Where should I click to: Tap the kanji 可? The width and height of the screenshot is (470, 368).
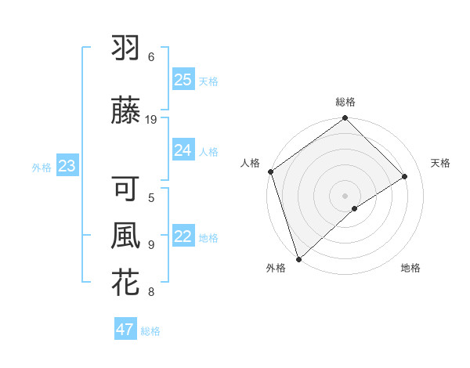125,189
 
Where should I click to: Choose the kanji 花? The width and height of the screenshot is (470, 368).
125,282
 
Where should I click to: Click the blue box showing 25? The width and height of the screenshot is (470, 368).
183,80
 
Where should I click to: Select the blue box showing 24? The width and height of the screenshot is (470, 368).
183,150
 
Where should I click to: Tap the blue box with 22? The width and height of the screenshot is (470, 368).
183,236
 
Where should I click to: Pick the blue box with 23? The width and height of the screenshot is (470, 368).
67,166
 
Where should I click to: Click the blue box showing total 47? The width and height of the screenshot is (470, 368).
125,330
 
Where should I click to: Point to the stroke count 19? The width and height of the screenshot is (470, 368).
152,119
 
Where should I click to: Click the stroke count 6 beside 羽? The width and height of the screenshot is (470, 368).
151,57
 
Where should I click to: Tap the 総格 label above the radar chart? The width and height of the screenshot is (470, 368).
345,102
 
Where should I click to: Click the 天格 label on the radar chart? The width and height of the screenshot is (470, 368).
440,163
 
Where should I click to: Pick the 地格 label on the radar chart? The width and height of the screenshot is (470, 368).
410,268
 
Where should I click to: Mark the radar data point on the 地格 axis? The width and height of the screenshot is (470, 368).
355,208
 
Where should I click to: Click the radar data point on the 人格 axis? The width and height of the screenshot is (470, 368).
270,171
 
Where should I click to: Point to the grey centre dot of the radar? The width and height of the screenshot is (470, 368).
345,195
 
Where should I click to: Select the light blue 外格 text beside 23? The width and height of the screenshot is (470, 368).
41,167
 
